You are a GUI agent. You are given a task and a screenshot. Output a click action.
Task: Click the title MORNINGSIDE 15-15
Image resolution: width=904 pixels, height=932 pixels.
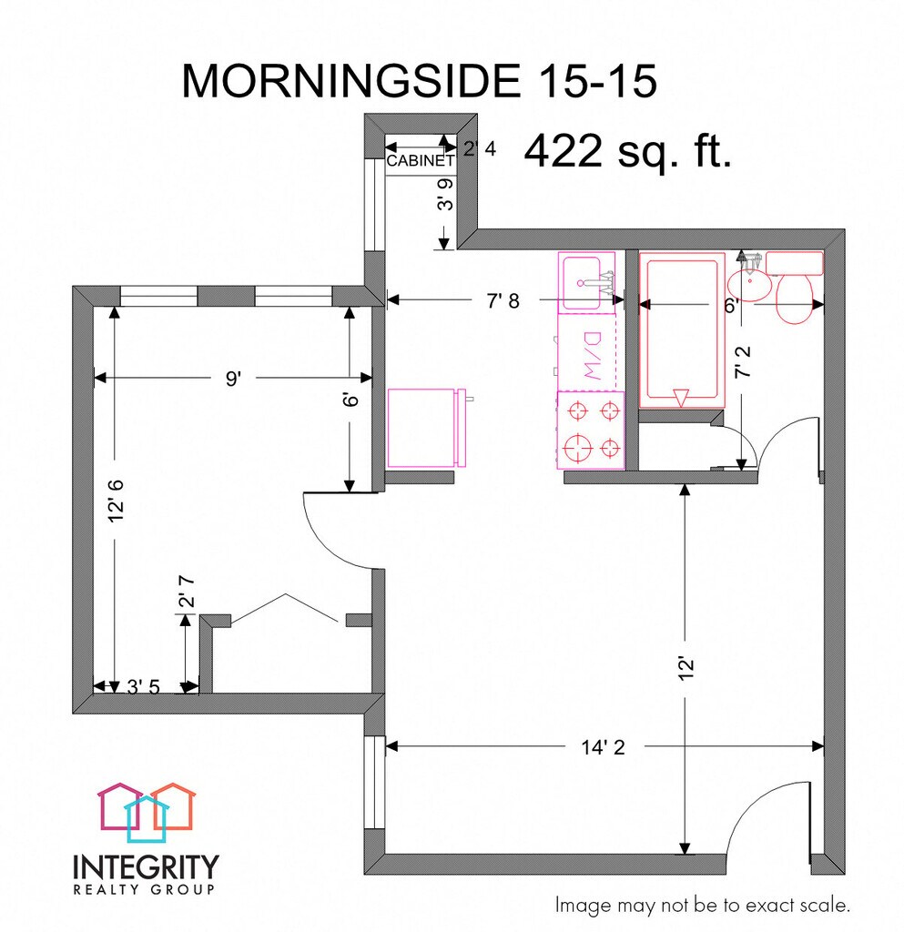click(x=419, y=82)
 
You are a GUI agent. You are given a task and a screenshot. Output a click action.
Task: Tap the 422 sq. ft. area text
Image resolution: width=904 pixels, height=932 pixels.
click(x=628, y=150)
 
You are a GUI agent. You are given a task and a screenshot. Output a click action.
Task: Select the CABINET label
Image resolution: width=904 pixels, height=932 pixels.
click(x=421, y=161)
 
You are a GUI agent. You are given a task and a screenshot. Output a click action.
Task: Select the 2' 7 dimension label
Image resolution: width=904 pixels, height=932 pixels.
click(x=186, y=602)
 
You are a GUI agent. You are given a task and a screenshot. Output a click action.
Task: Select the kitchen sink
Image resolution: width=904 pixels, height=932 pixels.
click(x=585, y=283)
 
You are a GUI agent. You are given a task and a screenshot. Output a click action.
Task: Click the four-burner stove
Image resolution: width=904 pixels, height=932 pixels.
click(x=591, y=430)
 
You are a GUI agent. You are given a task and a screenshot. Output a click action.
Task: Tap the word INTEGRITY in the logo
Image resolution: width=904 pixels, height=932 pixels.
click(x=146, y=865)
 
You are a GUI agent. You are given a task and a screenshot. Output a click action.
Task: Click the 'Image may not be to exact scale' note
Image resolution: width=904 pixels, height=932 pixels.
click(x=703, y=906)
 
